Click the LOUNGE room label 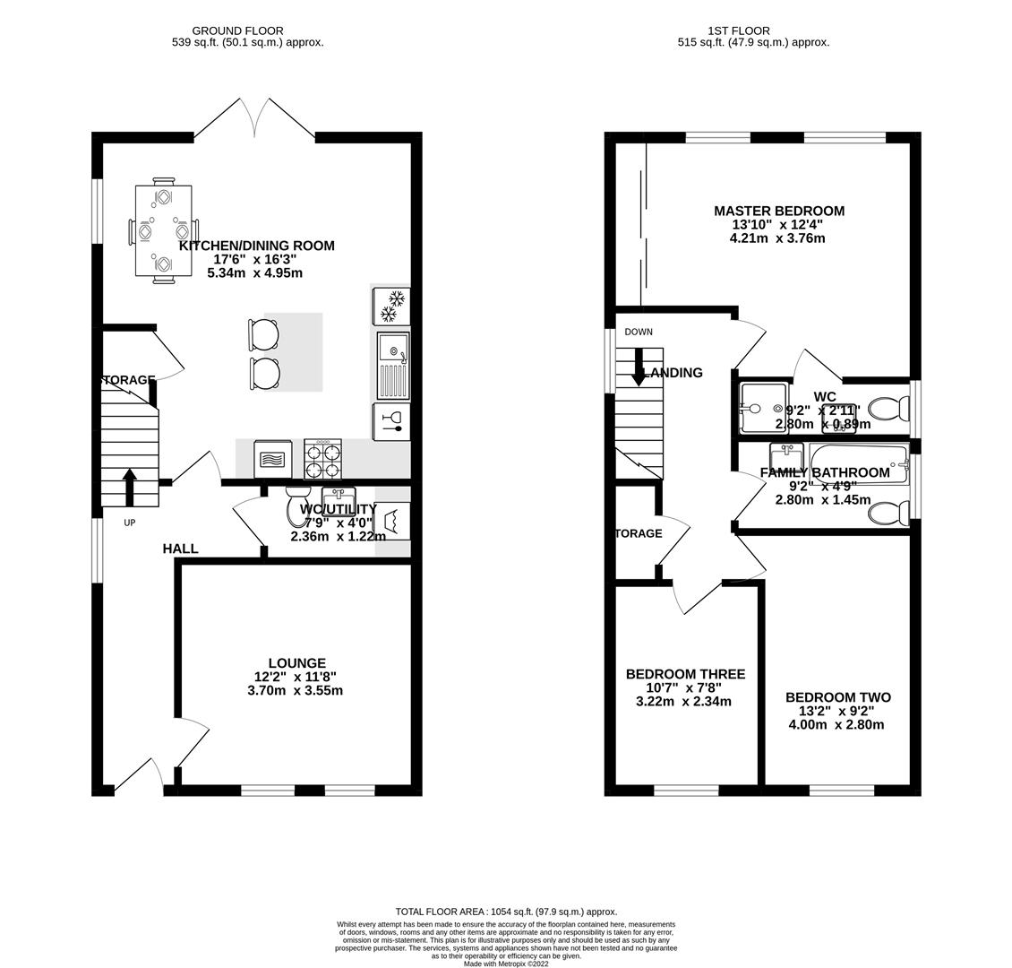coord(296,663)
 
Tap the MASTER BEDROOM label coord(778,211)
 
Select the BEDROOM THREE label coord(685,674)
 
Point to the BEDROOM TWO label coord(837,697)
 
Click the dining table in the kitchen coord(163,231)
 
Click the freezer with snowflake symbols coord(390,306)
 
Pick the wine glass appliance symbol coord(391,421)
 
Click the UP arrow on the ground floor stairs coord(129,486)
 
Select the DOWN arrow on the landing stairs coord(639,367)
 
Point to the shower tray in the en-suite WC coord(763,409)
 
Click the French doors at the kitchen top coord(255,121)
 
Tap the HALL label coord(180,549)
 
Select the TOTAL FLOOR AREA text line coord(506,912)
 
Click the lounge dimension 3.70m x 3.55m coord(295,690)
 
